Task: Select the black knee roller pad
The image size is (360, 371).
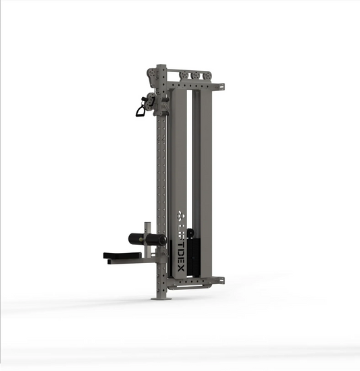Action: tap(147, 238)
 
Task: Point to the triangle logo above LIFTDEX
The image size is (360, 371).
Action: tap(180, 216)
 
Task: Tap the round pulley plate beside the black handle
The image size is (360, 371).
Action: tap(152, 101)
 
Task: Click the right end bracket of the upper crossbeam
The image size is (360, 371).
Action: tap(219, 86)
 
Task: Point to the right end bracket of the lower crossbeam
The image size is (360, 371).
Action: tap(218, 279)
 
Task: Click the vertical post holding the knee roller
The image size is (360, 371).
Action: tap(149, 229)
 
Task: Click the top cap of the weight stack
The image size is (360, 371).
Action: tap(190, 232)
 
